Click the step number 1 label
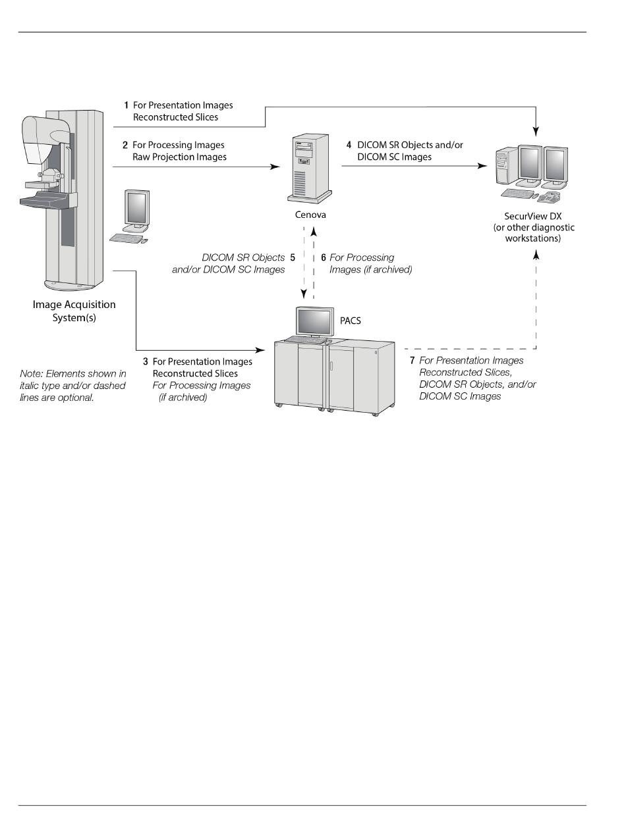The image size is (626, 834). point(127,105)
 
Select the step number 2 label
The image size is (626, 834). point(125,145)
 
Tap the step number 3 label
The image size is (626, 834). point(145,361)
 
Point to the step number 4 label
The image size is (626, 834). point(349,144)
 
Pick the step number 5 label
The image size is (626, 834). point(293,257)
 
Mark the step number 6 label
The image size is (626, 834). point(323,257)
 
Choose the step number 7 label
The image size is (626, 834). point(412,361)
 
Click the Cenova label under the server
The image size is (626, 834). point(311,215)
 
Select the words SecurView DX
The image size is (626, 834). point(534,216)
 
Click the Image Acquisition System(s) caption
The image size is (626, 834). point(74,310)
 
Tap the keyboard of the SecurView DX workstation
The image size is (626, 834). point(518,194)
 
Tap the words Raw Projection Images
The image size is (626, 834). point(179,157)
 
